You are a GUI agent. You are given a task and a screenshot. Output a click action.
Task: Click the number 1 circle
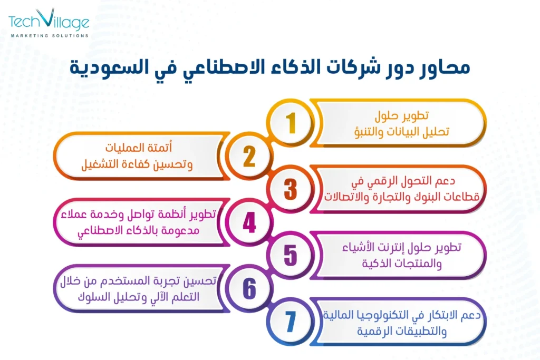point(291,123)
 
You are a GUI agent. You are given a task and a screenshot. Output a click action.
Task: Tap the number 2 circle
point(248,156)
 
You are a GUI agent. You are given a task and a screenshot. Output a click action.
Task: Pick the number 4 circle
point(248,222)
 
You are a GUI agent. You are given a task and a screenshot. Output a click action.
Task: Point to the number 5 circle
point(291,255)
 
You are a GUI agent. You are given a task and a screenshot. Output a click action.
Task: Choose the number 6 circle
point(248,288)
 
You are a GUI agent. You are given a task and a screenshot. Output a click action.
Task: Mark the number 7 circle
point(291,322)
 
